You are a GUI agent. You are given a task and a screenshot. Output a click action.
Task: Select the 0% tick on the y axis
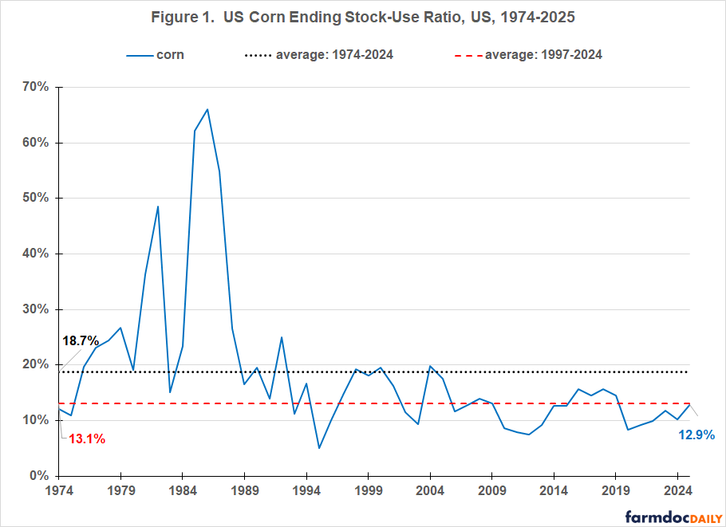[x=39, y=476]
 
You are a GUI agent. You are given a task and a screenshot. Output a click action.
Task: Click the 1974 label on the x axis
[x=59, y=490]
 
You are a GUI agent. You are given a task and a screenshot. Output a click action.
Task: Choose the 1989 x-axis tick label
[x=245, y=490]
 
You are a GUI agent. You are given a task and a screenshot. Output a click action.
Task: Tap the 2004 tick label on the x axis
[x=431, y=490]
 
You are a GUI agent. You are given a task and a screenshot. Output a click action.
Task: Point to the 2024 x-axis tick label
[x=677, y=490]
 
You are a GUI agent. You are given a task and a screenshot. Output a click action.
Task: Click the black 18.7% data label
[x=80, y=341]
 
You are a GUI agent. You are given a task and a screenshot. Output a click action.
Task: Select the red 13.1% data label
[x=86, y=439]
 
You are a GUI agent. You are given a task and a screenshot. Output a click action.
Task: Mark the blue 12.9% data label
[x=696, y=435]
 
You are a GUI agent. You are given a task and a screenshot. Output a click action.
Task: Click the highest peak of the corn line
[x=207, y=109]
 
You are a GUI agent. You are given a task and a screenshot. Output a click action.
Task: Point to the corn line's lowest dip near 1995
[x=319, y=448]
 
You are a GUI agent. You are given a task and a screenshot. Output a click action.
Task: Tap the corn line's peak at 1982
[x=158, y=206]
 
